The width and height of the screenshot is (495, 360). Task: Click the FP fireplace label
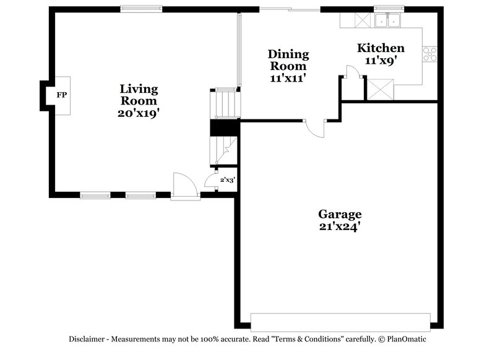coord(61,95)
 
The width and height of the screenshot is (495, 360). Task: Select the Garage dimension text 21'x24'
coord(340,226)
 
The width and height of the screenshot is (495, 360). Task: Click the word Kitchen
coord(381,48)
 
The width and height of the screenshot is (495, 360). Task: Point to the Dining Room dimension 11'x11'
coord(288,79)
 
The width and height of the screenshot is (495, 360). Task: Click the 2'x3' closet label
coord(228,181)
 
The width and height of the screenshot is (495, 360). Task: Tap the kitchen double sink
coord(389,22)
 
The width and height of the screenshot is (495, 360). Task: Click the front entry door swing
coord(184,185)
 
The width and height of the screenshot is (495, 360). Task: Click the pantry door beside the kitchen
coord(353,75)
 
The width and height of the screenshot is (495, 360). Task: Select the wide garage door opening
coord(340,321)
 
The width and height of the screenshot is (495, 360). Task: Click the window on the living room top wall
coord(142,9)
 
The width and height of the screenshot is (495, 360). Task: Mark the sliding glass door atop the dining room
coord(290,9)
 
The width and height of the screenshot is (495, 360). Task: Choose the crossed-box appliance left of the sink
coord(361,20)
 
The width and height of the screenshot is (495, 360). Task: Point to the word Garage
coord(340,214)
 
